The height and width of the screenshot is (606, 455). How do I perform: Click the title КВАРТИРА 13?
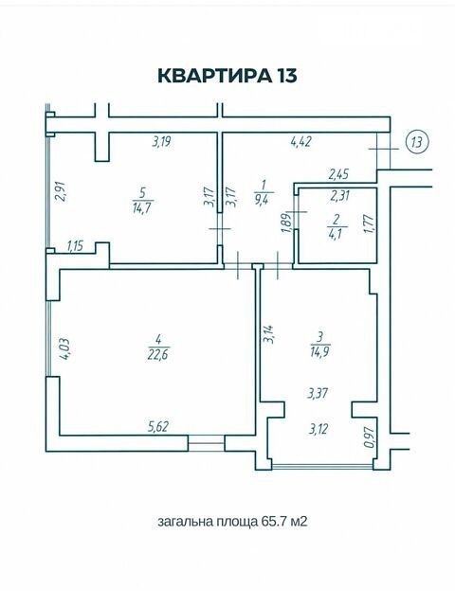[x=227, y=76]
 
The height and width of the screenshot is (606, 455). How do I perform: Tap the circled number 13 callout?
[x=417, y=142]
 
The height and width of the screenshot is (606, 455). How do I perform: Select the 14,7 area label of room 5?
[x=143, y=208]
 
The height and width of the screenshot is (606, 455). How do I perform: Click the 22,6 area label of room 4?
[x=158, y=354]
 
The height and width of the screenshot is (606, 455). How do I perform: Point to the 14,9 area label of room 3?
[x=319, y=352]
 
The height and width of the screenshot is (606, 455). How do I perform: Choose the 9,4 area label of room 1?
[x=264, y=200]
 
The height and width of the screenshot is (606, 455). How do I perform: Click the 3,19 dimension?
[x=161, y=141]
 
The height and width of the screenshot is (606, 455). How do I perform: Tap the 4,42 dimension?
[x=301, y=141]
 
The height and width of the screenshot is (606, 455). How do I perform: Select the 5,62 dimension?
[x=158, y=427]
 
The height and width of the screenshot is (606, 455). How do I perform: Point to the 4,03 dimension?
[x=64, y=349]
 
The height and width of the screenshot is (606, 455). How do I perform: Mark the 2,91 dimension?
[x=61, y=191]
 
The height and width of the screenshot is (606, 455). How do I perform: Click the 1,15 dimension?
[x=76, y=246]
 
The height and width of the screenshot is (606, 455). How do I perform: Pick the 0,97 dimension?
[x=370, y=437]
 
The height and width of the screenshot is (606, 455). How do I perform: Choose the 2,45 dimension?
[x=338, y=174]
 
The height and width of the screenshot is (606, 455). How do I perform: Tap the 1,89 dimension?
[x=287, y=223]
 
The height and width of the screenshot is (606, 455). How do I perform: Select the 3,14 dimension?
[x=268, y=334]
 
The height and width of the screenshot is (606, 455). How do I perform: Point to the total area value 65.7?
[x=274, y=522]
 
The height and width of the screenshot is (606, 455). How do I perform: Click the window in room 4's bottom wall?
[x=207, y=443]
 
